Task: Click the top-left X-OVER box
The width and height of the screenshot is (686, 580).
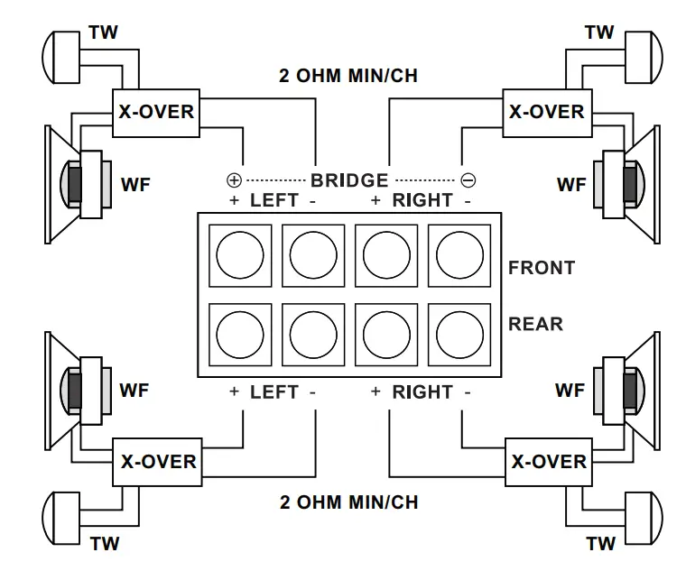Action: [156, 112]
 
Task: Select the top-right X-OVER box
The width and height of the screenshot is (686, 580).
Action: [546, 113]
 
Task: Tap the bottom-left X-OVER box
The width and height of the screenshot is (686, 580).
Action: [158, 461]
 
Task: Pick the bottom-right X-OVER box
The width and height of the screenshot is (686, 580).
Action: [548, 461]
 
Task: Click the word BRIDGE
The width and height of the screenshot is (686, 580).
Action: [349, 180]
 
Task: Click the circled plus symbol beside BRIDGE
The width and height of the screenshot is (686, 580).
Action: [233, 180]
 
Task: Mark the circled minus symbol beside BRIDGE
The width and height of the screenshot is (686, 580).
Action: [468, 180]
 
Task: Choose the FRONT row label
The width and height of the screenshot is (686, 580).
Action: [542, 268]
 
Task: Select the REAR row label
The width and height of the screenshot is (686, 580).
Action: [536, 323]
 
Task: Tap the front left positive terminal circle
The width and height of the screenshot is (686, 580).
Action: [240, 255]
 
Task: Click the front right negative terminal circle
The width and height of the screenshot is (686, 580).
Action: [459, 255]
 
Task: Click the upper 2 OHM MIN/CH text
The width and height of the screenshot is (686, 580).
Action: [348, 76]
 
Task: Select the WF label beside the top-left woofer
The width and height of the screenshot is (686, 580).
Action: [135, 186]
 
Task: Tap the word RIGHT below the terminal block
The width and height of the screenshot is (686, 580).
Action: [422, 392]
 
